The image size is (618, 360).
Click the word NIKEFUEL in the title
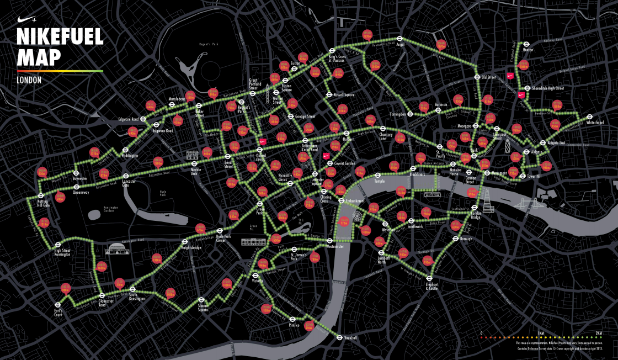[60, 37]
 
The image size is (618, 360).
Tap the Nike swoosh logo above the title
[27, 18]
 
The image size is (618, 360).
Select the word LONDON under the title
[30, 80]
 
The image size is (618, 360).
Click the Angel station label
[401, 45]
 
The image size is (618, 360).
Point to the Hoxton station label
[528, 49]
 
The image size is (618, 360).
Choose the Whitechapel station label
[596, 123]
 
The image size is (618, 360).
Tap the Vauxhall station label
[351, 337]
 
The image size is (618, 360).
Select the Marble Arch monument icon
[194, 155]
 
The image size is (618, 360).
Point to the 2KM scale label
[598, 333]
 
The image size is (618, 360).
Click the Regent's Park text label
[207, 44]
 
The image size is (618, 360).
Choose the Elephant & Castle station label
[431, 286]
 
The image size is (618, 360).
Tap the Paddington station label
[130, 156]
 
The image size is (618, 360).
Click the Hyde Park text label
[162, 194]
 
